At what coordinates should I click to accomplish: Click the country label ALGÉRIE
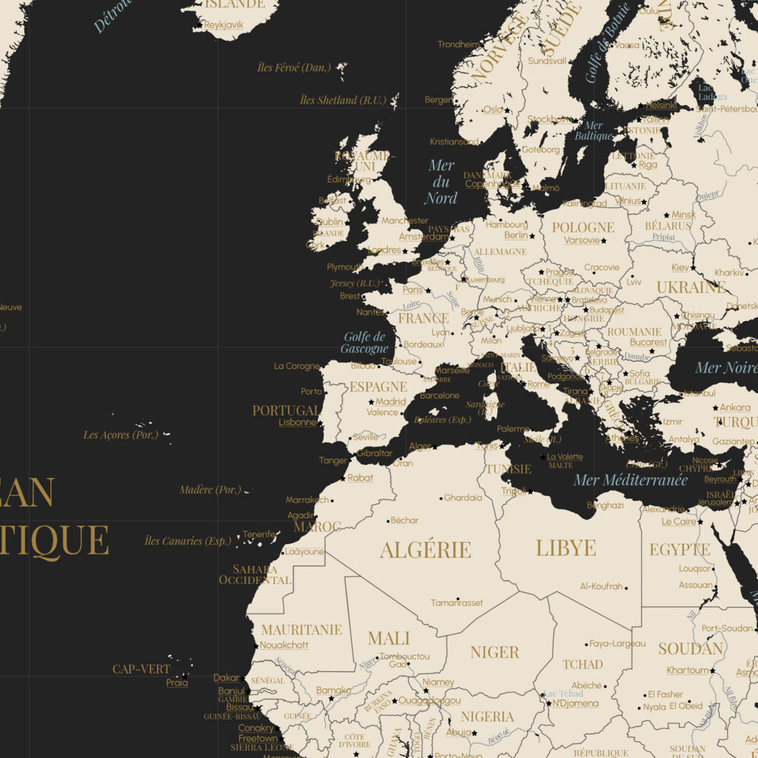point(425,550)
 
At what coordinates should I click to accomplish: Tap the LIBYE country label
point(566,548)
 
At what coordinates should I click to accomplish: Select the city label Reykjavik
point(223,24)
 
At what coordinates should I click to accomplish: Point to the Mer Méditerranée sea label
point(630,480)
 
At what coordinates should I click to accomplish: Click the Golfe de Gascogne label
point(365,343)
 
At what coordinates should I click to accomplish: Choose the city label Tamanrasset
point(457,603)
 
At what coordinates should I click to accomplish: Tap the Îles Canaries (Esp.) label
point(187,540)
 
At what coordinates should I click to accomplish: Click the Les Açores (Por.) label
point(120,435)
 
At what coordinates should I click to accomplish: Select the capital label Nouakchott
point(284,645)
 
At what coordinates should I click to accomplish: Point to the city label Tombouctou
point(404,656)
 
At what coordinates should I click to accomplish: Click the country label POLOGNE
point(583,227)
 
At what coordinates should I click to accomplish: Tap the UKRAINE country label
point(691,286)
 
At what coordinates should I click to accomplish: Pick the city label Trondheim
point(457,44)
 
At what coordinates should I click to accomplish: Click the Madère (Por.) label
point(210,489)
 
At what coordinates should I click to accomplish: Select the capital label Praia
point(177,682)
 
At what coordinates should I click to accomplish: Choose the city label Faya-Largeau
point(617,643)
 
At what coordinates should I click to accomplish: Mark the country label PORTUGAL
point(286,410)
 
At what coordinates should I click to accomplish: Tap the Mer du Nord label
point(441,182)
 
